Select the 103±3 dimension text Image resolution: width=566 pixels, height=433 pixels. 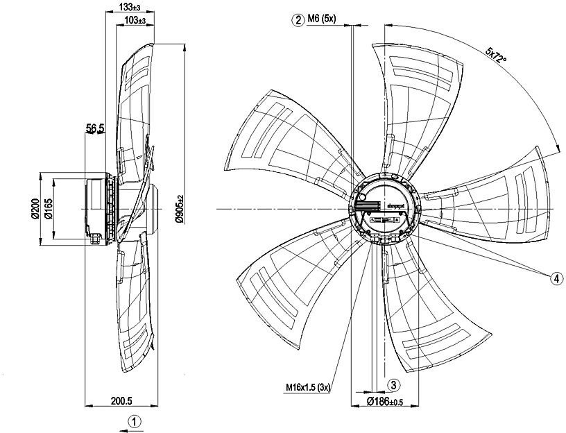[132, 20]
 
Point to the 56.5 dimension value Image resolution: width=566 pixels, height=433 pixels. [95, 128]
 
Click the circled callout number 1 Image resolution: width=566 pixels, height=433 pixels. [136, 421]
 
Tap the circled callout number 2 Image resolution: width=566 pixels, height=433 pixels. [298, 19]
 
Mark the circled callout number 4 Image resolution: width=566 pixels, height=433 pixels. [556, 278]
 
